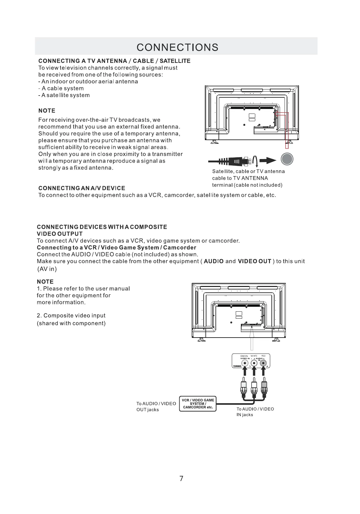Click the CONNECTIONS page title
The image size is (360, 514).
pyautogui.click(x=177, y=47)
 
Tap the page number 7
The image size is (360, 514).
pyautogui.click(x=181, y=478)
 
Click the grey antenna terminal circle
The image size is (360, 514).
pyautogui.click(x=287, y=159)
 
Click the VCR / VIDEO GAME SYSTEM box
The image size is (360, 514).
pyautogui.click(x=198, y=404)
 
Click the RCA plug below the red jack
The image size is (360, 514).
pyautogui.click(x=264, y=386)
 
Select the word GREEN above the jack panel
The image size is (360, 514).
pyautogui.click(x=244, y=356)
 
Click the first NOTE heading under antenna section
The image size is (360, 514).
pyautogui.click(x=47, y=110)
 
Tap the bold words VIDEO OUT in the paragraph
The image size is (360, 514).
pyautogui.click(x=255, y=261)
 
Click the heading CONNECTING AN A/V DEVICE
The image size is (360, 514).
pyautogui.click(x=82, y=188)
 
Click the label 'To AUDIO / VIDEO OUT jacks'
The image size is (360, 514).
pyautogui.click(x=156, y=407)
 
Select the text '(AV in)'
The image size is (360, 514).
pyautogui.click(x=47, y=269)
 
